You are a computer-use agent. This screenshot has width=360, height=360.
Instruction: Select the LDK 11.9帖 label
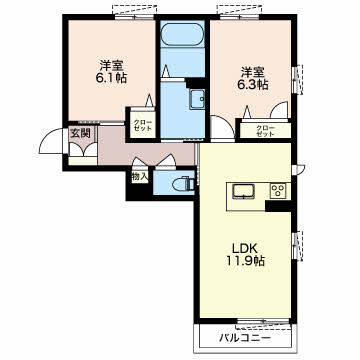tap(246, 254)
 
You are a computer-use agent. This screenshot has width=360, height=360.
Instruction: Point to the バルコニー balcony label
tap(245, 339)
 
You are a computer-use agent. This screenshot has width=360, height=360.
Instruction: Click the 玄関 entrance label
tap(80, 133)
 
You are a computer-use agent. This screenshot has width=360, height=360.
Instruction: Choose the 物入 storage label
tap(139, 177)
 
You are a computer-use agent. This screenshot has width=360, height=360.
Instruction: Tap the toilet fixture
tap(185, 184)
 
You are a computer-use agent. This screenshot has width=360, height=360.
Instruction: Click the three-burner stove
tap(279, 191)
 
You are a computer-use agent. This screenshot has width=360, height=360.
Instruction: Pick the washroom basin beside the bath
tap(198, 99)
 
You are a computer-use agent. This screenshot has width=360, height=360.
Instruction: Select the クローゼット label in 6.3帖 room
tap(265, 131)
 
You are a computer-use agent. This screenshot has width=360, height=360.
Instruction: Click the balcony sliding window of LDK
tap(262, 321)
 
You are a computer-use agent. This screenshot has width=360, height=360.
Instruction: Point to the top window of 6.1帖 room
tap(135, 16)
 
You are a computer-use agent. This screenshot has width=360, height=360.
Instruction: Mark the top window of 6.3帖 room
tap(240, 16)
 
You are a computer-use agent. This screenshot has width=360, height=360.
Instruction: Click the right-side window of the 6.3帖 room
tap(295, 79)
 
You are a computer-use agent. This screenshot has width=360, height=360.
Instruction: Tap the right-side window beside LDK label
tap(295, 245)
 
